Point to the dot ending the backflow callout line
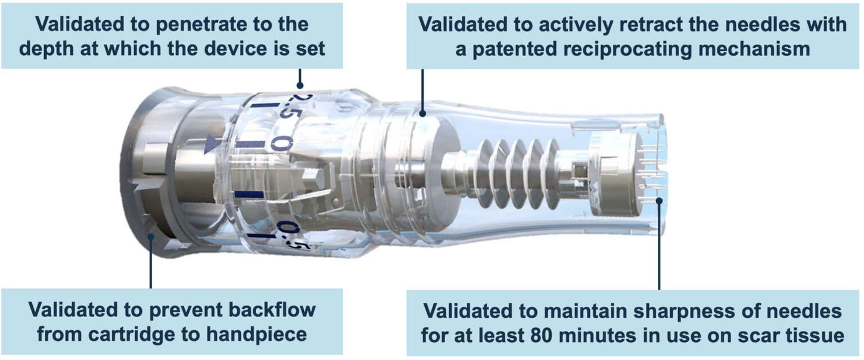tap(151, 237)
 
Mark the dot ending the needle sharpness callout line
tap(659, 201)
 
